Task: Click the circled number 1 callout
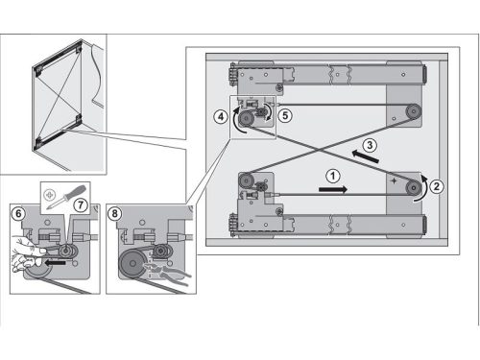[333, 176]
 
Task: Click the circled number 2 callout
[437, 186]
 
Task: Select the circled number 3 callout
[370, 145]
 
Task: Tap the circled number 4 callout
[221, 117]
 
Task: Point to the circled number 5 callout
[285, 115]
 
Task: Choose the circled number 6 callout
[18, 213]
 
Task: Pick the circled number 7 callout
[81, 205]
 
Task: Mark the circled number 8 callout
[114, 213]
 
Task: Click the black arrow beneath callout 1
[333, 190]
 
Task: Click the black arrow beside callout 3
[365, 156]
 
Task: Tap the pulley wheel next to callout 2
[414, 188]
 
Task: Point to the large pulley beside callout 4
[246, 120]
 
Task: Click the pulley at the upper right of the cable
[414, 112]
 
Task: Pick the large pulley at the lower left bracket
[246, 181]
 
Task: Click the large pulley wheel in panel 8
[132, 264]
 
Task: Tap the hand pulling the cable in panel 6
[27, 254]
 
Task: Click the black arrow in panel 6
[55, 263]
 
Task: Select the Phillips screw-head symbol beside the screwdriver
[49, 195]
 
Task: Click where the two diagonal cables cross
[319, 150]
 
